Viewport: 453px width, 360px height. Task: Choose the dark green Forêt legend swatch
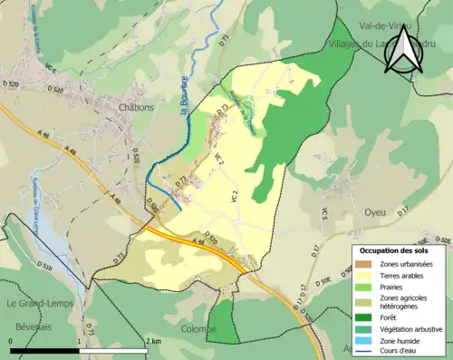click(369, 316)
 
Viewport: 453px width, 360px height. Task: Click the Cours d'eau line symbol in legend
click(369, 354)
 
